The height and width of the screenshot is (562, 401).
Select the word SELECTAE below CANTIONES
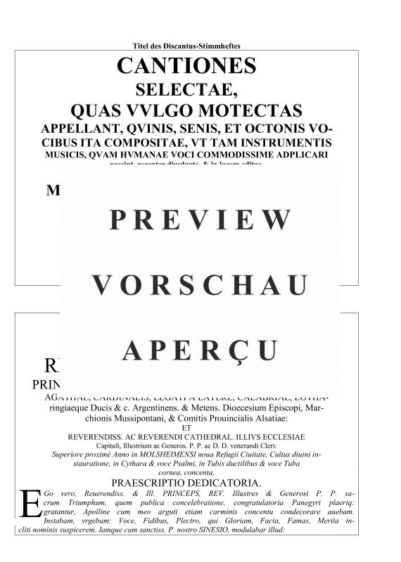pyautogui.click(x=186, y=90)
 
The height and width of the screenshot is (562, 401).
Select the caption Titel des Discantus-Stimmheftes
pyautogui.click(x=186, y=46)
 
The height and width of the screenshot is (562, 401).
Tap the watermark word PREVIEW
pyautogui.click(x=200, y=220)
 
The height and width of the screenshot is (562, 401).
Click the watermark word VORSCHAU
pyautogui.click(x=200, y=285)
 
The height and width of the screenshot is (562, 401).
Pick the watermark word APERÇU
pyautogui.click(x=200, y=349)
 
